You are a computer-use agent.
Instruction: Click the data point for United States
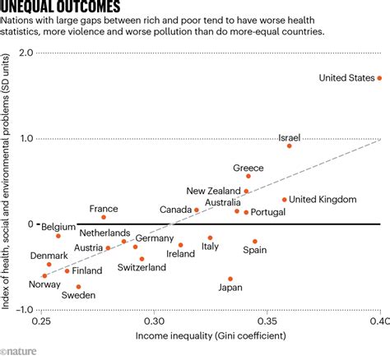click(x=379, y=78)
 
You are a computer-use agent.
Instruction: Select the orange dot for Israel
click(x=290, y=145)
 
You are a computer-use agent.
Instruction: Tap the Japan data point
click(x=230, y=279)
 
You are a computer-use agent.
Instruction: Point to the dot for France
click(x=104, y=217)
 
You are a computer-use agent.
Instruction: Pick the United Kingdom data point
click(x=285, y=200)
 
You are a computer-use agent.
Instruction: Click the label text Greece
click(x=248, y=168)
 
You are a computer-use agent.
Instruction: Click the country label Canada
click(x=175, y=210)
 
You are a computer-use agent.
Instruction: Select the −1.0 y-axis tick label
click(x=25, y=310)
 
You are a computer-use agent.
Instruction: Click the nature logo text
click(x=23, y=351)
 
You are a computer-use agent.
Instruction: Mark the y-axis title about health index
click(x=7, y=181)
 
